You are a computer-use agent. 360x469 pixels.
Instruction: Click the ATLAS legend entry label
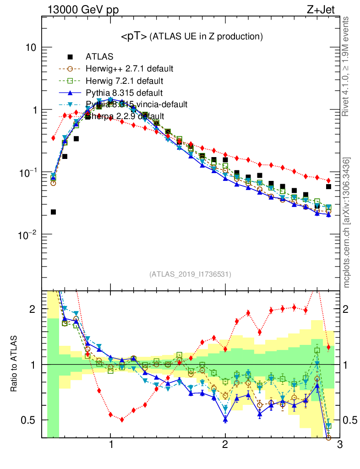(x=99, y=57)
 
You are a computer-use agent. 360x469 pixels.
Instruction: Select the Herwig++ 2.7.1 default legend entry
(x=129, y=69)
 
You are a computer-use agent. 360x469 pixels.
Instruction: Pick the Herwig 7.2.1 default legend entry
(x=125, y=81)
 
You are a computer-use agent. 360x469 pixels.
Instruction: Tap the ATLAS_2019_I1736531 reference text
(x=190, y=274)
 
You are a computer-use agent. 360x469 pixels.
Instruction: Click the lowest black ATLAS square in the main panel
(x=53, y=212)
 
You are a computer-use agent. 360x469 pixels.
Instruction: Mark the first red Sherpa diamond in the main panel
(x=53, y=138)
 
